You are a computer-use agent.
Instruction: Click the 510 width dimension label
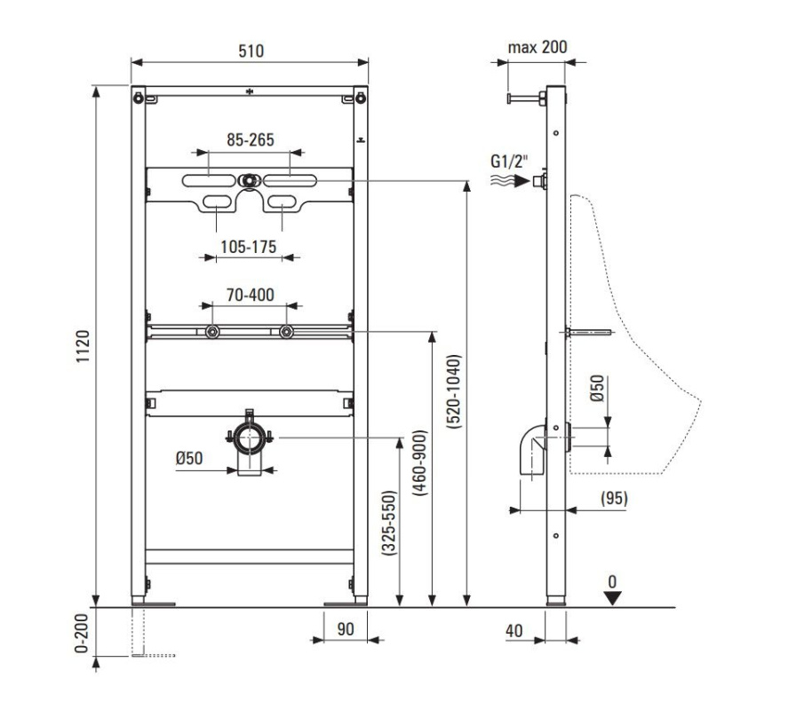pyautogui.click(x=251, y=51)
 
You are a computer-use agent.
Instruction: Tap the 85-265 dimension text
pyautogui.click(x=250, y=139)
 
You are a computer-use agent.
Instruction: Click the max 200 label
pyautogui.click(x=537, y=47)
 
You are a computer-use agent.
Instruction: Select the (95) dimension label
pyautogui.click(x=613, y=499)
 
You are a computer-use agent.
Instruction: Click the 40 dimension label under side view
pyautogui.click(x=514, y=631)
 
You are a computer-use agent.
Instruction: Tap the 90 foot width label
pyautogui.click(x=346, y=629)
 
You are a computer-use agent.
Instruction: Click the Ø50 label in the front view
pyautogui.click(x=189, y=458)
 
